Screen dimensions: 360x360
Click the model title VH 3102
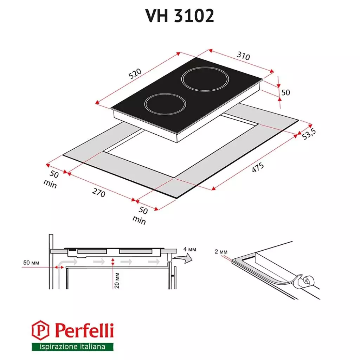180,16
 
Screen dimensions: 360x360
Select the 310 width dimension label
243,56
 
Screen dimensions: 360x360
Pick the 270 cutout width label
98,193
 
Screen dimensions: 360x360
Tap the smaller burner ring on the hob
165,105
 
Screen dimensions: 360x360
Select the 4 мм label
190,249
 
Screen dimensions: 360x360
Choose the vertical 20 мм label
117,280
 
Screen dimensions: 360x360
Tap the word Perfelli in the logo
84,330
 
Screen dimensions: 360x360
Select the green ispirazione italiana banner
73,347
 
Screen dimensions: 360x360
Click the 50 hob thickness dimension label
286,92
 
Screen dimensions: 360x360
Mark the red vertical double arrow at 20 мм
112,262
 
